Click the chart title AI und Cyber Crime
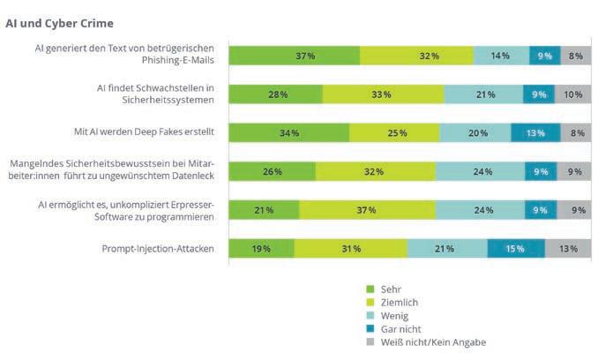point(59,22)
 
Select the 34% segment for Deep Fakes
point(288,133)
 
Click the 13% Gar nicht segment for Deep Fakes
point(534,133)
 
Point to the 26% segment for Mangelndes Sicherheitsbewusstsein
point(273,171)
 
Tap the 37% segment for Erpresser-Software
point(367,210)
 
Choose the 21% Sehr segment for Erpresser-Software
point(264,210)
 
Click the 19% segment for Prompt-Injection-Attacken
point(261,249)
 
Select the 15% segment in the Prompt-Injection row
point(515,249)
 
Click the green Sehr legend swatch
point(370,289)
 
